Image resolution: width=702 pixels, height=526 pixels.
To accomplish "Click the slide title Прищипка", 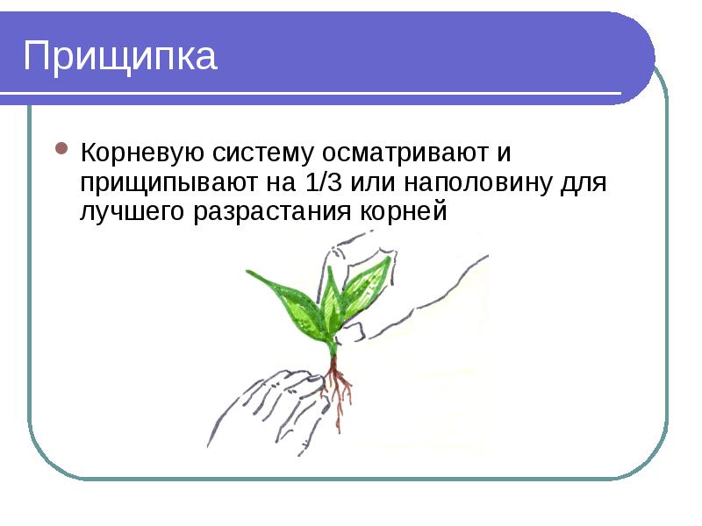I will [x=119, y=56].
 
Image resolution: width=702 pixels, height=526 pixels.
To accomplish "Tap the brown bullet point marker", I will [x=62, y=149].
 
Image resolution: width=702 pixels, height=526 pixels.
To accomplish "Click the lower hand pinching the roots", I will [x=263, y=403].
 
